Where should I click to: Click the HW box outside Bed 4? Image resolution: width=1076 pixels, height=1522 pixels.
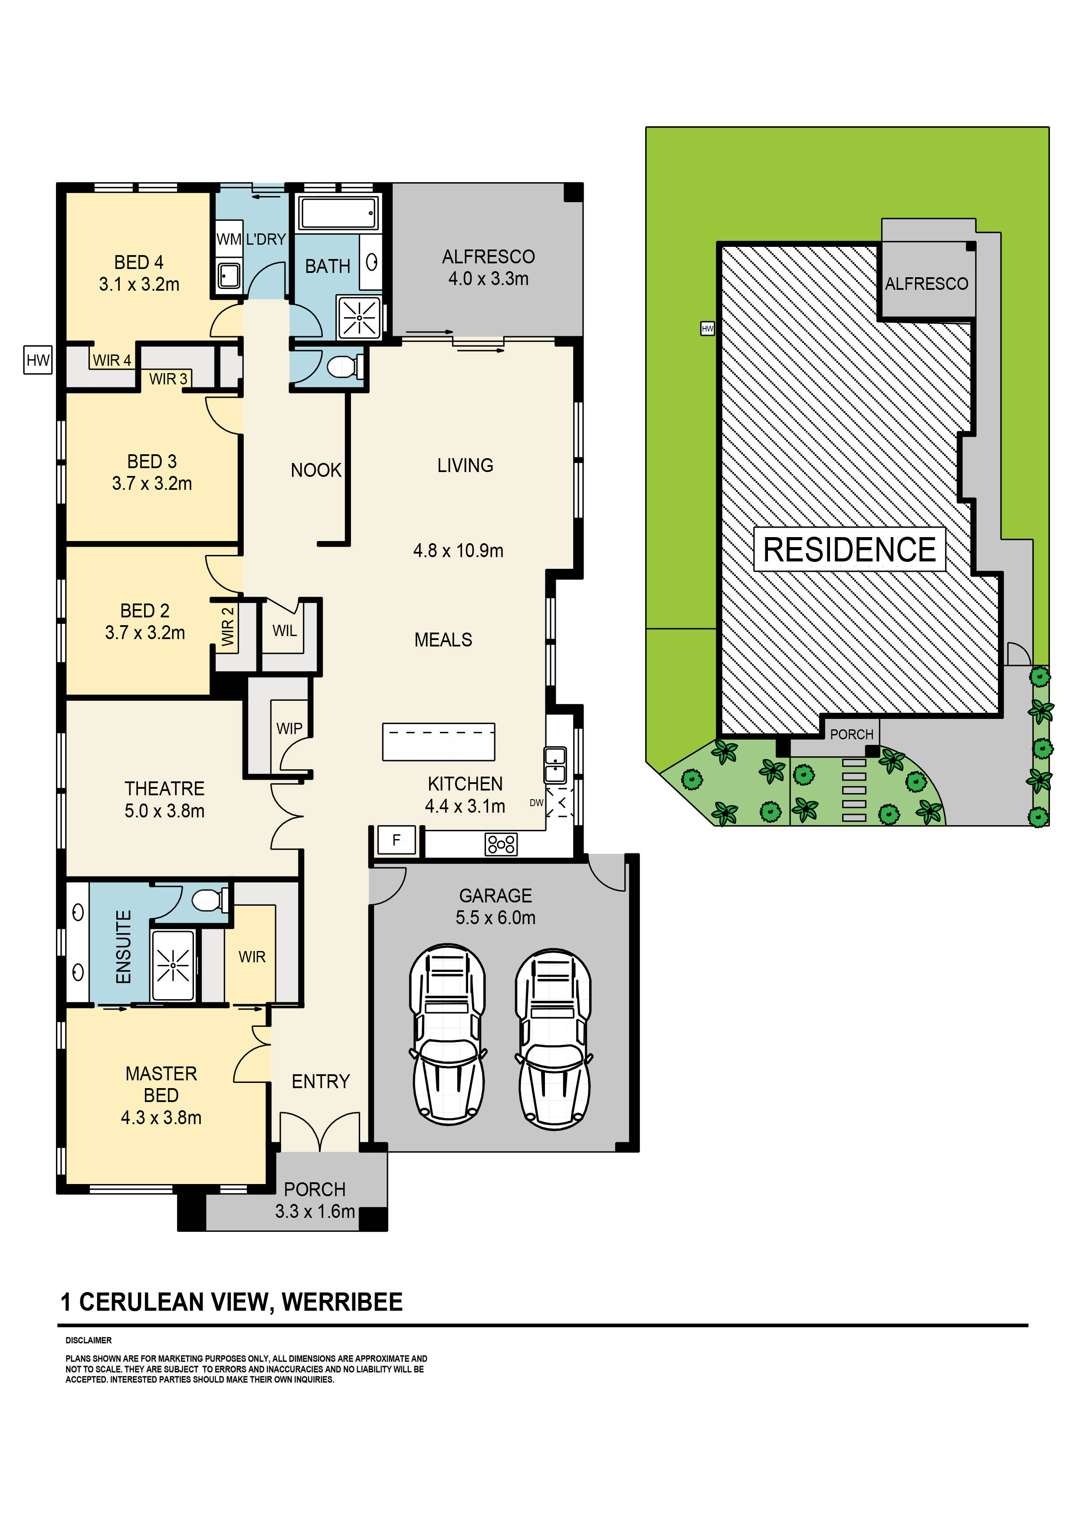click(38, 360)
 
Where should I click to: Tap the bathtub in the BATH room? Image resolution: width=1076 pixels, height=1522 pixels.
click(338, 213)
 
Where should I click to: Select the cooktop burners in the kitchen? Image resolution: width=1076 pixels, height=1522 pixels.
click(501, 844)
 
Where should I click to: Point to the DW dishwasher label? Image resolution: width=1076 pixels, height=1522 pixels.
click(536, 803)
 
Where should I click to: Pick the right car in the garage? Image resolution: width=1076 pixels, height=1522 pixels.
click(554, 1040)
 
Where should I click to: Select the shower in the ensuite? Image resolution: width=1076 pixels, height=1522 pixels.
click(173, 965)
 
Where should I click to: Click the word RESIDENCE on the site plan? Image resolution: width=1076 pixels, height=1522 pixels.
click(849, 550)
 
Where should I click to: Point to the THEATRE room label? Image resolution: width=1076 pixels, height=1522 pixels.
click(164, 788)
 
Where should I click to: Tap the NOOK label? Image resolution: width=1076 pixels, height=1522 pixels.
click(315, 470)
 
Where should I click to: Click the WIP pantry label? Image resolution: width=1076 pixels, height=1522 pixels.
click(289, 728)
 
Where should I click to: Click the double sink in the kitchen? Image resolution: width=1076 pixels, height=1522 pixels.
click(555, 765)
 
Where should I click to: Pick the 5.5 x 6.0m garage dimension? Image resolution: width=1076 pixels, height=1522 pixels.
click(495, 918)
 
